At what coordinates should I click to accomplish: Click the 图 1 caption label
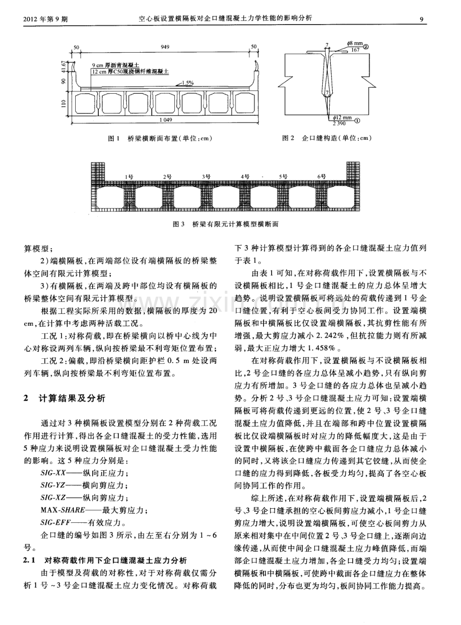(115, 138)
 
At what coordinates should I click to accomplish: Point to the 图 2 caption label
(288, 138)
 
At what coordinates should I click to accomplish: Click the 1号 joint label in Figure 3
(129, 176)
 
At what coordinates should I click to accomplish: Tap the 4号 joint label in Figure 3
(245, 176)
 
